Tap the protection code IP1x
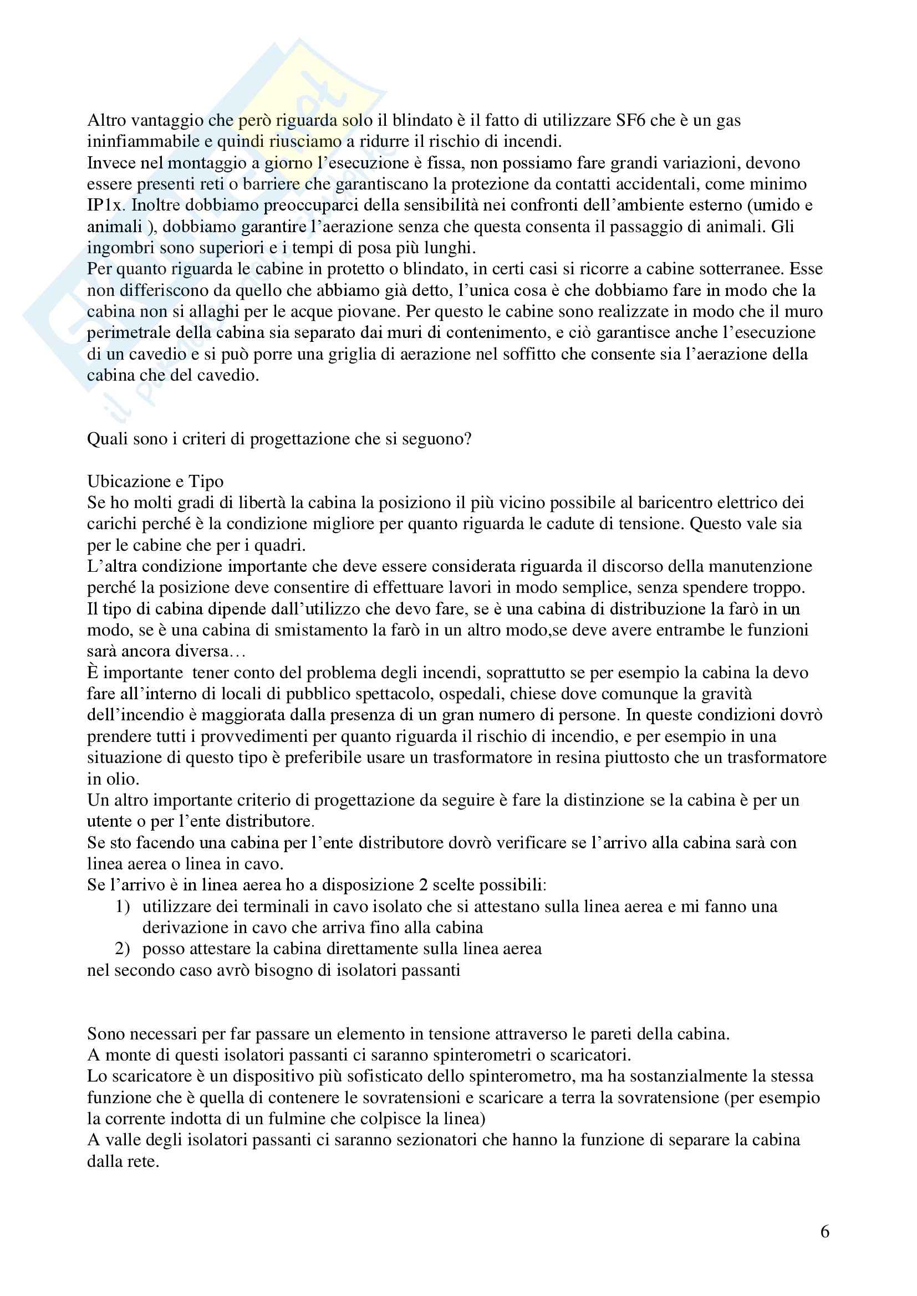[x=104, y=206]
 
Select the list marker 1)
[x=123, y=907]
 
